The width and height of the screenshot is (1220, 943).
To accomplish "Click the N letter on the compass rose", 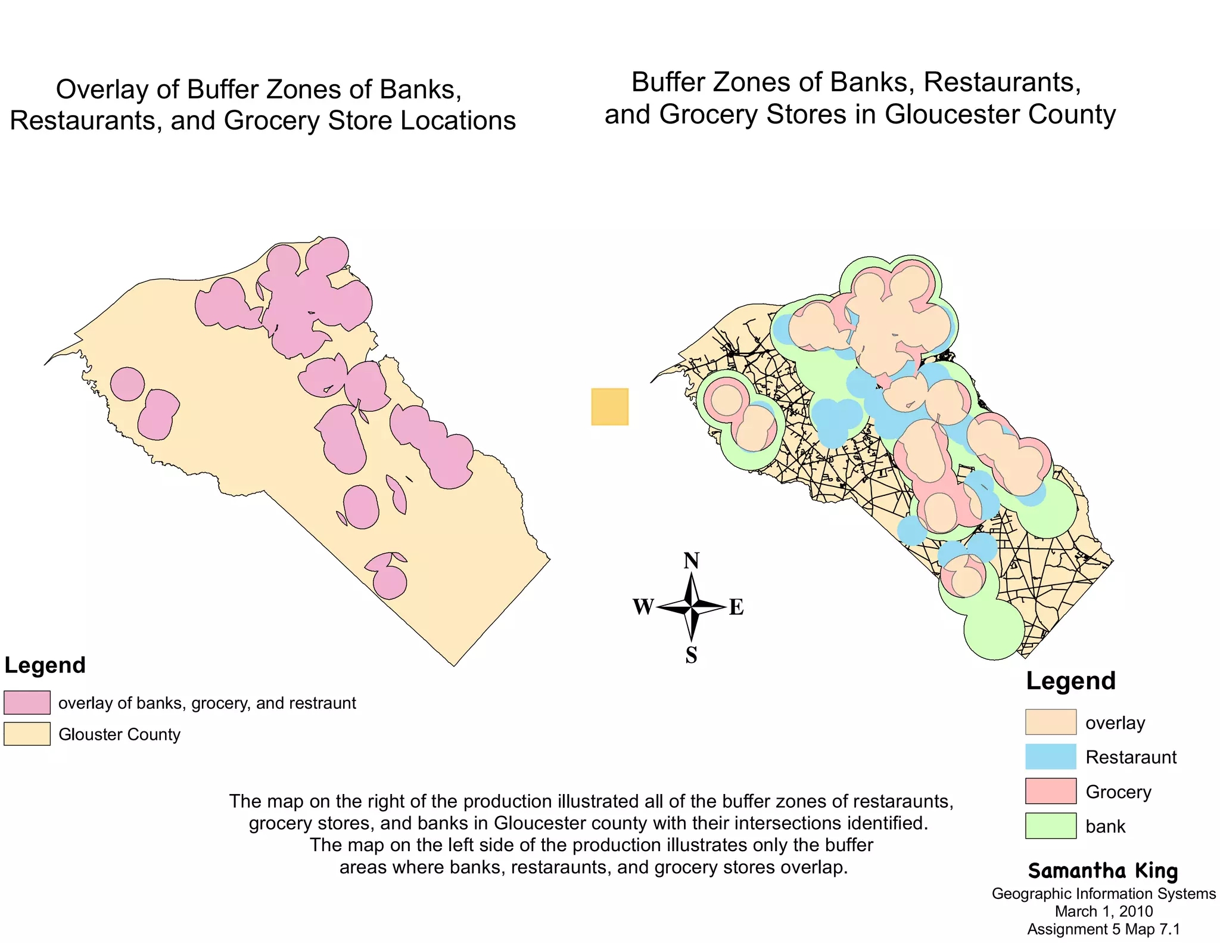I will (691, 561).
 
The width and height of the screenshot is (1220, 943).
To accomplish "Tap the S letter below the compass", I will (691, 655).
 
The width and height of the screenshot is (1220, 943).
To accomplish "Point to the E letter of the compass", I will (736, 607).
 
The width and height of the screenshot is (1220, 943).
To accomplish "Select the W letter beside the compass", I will (643, 607).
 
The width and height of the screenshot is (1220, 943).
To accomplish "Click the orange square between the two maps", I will (609, 407).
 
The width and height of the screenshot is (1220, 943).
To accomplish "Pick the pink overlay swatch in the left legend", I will (27, 702).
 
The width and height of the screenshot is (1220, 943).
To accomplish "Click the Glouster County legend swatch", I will (27, 734).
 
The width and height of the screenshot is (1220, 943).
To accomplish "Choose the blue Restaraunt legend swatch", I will (1050, 756).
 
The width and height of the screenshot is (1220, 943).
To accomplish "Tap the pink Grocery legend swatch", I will (1050, 791).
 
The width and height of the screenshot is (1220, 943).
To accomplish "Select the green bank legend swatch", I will (1050, 826).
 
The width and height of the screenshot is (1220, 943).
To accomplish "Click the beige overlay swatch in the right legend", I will (1050, 722).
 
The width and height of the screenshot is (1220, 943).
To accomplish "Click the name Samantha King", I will (1103, 871).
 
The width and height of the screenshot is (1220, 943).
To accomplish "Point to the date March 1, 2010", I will (1103, 911).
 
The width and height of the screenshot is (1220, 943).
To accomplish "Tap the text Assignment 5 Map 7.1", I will (1103, 929).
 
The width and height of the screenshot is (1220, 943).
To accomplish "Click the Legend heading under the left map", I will (45, 665).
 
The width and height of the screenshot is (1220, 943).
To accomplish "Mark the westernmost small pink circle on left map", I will (127, 384).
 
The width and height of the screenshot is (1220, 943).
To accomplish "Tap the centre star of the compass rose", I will (691, 607).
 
